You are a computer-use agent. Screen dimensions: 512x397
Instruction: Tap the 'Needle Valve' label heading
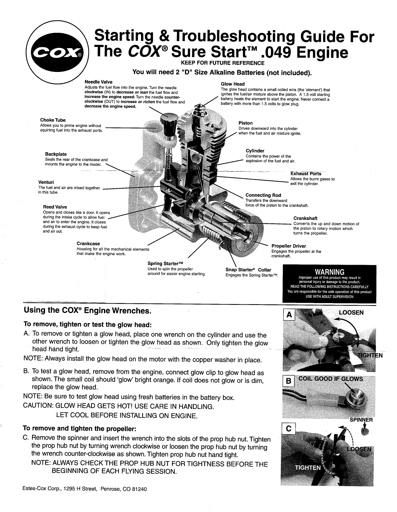point(98,82)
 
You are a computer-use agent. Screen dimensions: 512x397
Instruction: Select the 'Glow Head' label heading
point(232,84)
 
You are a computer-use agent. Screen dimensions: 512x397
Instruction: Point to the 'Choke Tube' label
point(53,120)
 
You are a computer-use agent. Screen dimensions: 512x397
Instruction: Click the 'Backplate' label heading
point(56,154)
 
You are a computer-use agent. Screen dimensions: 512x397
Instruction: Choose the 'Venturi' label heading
point(46,182)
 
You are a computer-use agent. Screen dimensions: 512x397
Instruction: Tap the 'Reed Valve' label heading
point(55,207)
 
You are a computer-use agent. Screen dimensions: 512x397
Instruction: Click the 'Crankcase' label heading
point(88,243)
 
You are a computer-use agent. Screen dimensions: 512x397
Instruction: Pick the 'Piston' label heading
point(245,123)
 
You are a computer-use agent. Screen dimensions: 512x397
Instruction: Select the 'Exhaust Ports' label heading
point(306,173)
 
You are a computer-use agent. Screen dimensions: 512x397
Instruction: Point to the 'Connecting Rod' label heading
point(263,195)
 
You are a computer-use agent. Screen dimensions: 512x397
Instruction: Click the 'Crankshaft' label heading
point(305,218)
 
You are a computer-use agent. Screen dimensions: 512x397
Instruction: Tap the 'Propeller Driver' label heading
point(289,246)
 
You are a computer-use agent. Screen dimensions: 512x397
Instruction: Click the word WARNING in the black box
point(329,272)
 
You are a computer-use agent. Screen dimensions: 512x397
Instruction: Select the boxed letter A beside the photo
point(289,315)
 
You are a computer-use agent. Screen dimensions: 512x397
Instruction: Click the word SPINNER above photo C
point(361,420)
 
